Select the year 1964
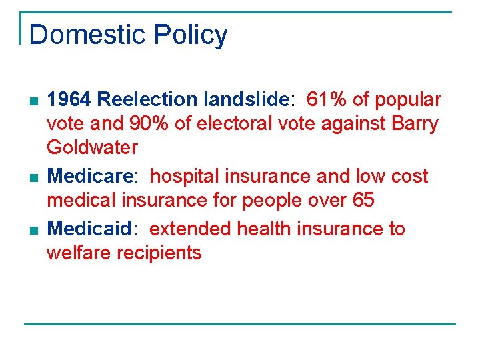(69, 100)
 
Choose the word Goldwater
(92, 147)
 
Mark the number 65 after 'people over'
(363, 200)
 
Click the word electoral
(227, 124)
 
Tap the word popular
(408, 100)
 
